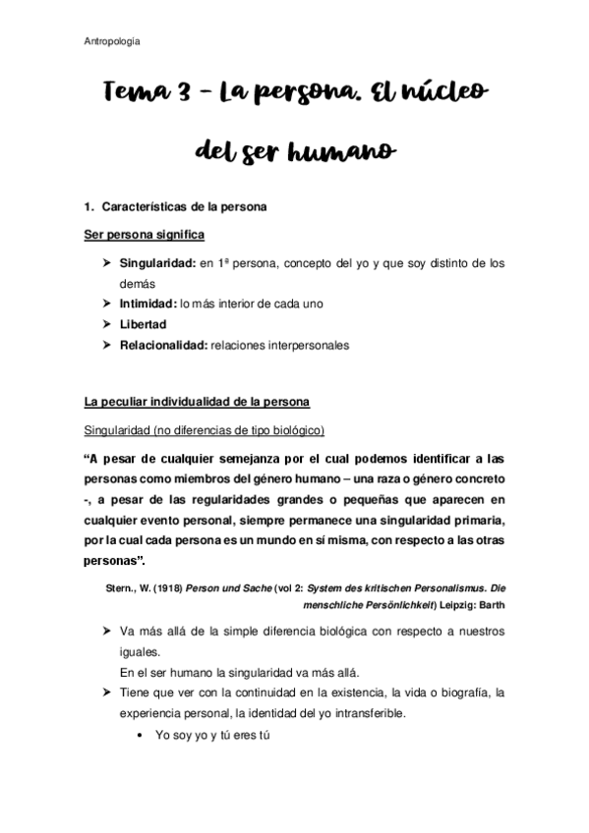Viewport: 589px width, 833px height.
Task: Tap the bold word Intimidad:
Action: (x=148, y=304)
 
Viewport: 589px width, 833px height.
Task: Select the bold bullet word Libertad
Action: (x=143, y=324)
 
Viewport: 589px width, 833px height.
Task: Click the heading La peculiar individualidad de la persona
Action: (x=197, y=403)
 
